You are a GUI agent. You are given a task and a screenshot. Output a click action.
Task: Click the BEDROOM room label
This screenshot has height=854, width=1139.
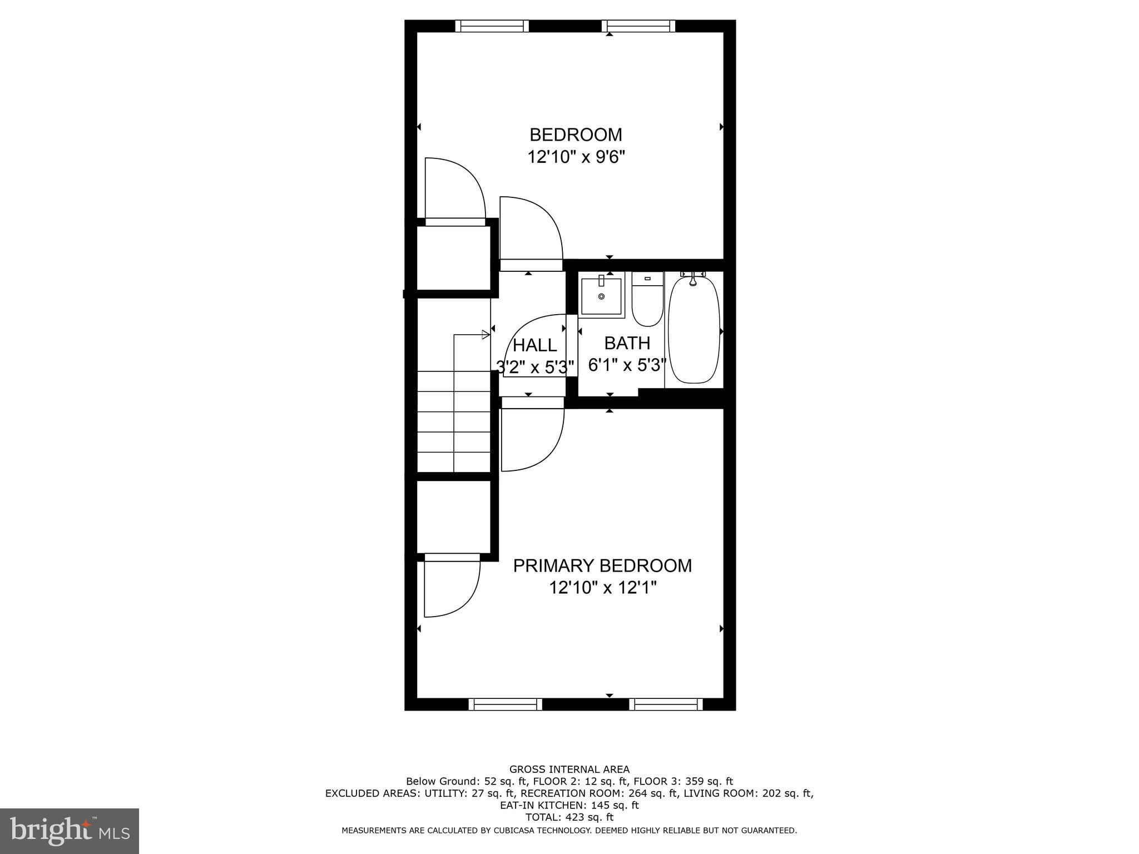[576, 135]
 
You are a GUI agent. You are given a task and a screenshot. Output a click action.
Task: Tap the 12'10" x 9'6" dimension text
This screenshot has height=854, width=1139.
[576, 157]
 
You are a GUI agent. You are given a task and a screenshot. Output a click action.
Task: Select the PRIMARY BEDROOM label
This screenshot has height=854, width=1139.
[602, 565]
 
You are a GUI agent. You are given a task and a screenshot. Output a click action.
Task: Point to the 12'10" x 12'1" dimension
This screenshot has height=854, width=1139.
[603, 587]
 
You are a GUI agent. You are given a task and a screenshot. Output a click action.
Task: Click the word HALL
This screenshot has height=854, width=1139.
[534, 345]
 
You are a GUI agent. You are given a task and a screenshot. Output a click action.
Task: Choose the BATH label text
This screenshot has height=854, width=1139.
[627, 343]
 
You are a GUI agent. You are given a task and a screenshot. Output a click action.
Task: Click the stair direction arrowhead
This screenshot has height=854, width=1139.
[486, 335]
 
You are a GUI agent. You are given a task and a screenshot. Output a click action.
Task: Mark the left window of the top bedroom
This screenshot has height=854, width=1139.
[492, 26]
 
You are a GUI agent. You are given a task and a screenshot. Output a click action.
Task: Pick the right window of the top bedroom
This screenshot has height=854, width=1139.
[638, 26]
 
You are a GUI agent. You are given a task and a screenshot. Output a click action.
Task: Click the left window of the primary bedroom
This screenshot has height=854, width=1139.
[505, 704]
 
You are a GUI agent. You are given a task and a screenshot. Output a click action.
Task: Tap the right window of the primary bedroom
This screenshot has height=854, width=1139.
[666, 704]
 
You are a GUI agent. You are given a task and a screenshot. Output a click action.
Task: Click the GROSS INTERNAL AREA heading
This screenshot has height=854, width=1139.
[569, 769]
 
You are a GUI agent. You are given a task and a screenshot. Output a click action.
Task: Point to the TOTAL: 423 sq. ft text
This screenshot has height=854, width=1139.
[569, 817]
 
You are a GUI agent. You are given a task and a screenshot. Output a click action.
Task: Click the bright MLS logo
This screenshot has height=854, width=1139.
[70, 831]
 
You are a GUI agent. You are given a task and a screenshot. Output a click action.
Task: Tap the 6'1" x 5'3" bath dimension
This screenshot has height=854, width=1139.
[627, 365]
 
